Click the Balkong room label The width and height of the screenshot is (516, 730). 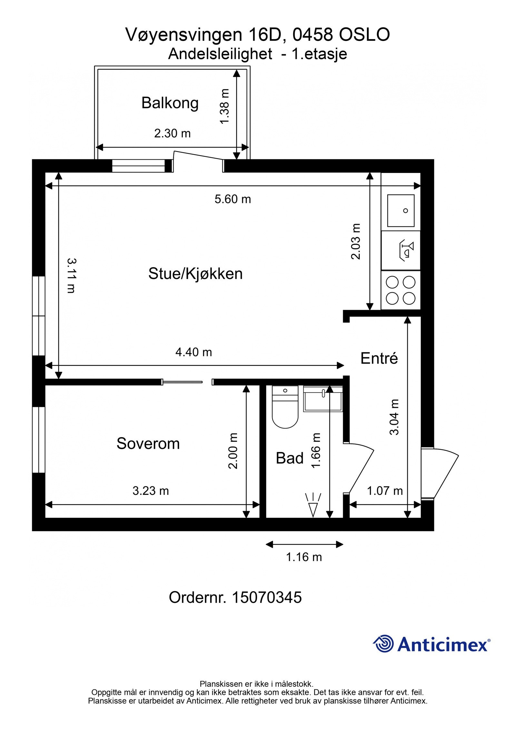(x=170, y=103)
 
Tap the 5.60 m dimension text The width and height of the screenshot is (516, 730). (x=233, y=199)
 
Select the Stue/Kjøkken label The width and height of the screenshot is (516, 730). (x=195, y=274)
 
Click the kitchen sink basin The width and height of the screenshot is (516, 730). (x=401, y=210)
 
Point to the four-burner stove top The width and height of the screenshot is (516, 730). (x=401, y=290)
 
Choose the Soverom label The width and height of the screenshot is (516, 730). (x=148, y=443)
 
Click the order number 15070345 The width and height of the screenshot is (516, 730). (x=267, y=597)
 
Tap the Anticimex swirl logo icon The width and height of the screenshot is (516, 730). (x=383, y=643)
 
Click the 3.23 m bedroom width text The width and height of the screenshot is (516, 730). (x=151, y=491)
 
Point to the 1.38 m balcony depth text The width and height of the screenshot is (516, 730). (x=224, y=106)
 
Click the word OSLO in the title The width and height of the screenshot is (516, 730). (x=364, y=35)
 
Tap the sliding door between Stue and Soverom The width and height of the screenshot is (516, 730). (x=183, y=382)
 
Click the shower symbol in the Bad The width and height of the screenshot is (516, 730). (x=313, y=505)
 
